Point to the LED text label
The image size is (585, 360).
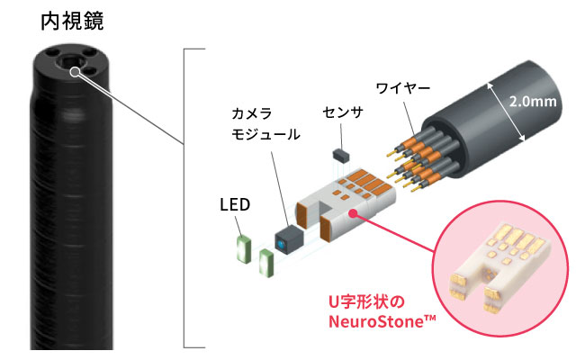[x=234, y=205]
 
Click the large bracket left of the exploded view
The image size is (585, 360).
[x=185, y=198]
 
